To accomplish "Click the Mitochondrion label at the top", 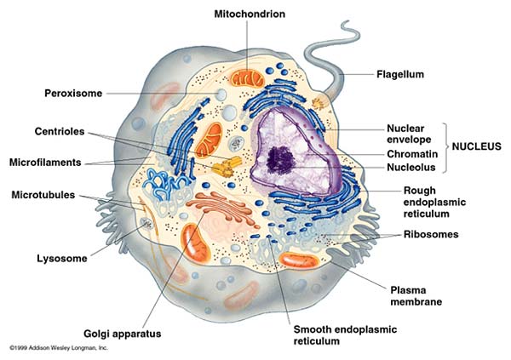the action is (x=250, y=14).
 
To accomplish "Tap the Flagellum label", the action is (x=400, y=75).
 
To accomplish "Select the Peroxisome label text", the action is (x=73, y=94).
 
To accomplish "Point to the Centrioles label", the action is (x=60, y=132).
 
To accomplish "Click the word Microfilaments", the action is (x=45, y=163).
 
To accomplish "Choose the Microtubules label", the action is (x=43, y=195).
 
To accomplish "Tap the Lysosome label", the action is (x=62, y=259).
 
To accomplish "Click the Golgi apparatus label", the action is (x=123, y=334).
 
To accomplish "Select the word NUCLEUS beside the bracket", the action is (x=476, y=146).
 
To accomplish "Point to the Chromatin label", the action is (x=412, y=154).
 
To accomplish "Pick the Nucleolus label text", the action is (x=411, y=168).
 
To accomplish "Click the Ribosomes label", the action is (x=431, y=234).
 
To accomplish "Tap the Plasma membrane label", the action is (x=416, y=296).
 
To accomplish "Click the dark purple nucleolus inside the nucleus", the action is (x=281, y=160).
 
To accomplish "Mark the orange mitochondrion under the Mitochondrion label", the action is (x=247, y=78).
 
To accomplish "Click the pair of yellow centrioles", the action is (x=227, y=166).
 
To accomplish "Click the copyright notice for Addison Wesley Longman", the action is (x=59, y=348).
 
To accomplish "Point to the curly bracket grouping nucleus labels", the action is (x=446, y=147).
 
